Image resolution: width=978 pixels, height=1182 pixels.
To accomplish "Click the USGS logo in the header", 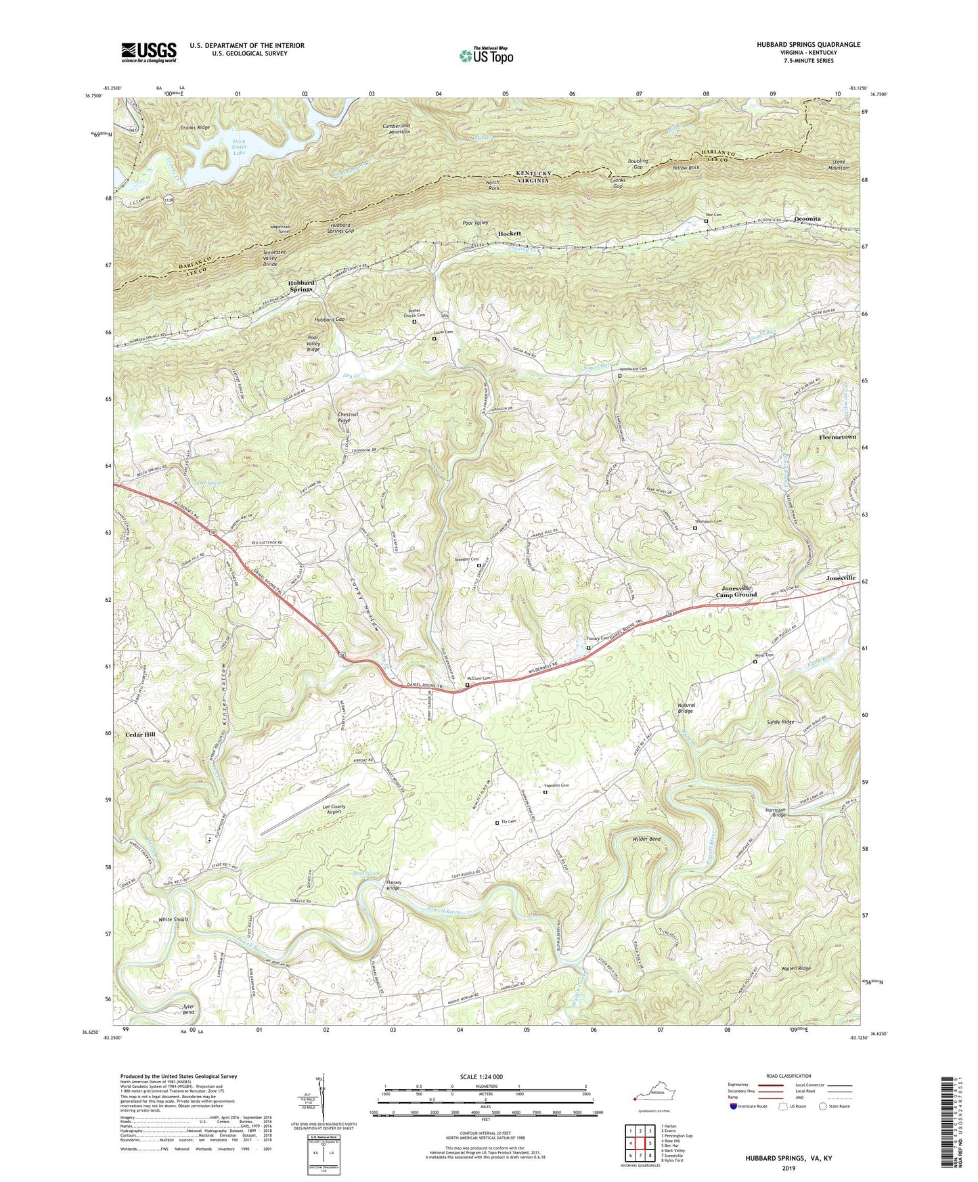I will [x=149, y=52].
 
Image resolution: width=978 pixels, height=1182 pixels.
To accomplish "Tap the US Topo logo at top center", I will [x=485, y=56].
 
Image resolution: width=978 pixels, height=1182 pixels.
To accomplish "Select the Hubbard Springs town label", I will [x=301, y=286].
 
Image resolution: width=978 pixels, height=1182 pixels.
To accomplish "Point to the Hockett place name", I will [x=510, y=233].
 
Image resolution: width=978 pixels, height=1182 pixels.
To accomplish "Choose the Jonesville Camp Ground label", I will [x=736, y=592].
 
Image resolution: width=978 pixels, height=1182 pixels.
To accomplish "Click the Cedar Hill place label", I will [x=140, y=734].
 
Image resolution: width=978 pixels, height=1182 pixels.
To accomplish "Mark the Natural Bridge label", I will [x=686, y=708].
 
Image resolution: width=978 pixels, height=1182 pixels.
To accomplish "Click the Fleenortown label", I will [x=833, y=437].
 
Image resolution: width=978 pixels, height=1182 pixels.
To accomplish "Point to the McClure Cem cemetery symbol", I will [x=467, y=684].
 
